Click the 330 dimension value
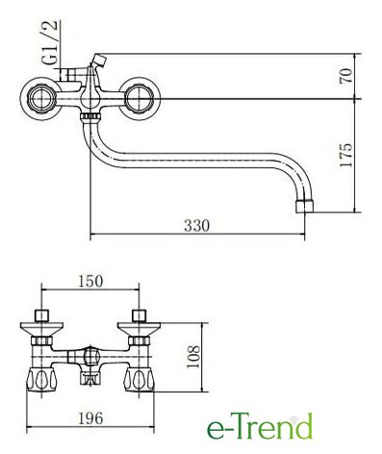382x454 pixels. [x=196, y=226]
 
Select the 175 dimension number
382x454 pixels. [x=346, y=155]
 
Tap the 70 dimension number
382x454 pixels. [x=346, y=76]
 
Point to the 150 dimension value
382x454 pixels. [x=90, y=281]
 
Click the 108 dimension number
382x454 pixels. [x=193, y=357]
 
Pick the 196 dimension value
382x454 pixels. [x=90, y=418]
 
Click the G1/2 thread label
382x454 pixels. [x=50, y=42]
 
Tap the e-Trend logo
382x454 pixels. [x=260, y=426]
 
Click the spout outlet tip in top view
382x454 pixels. [x=304, y=207]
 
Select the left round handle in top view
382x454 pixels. [x=40, y=98]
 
